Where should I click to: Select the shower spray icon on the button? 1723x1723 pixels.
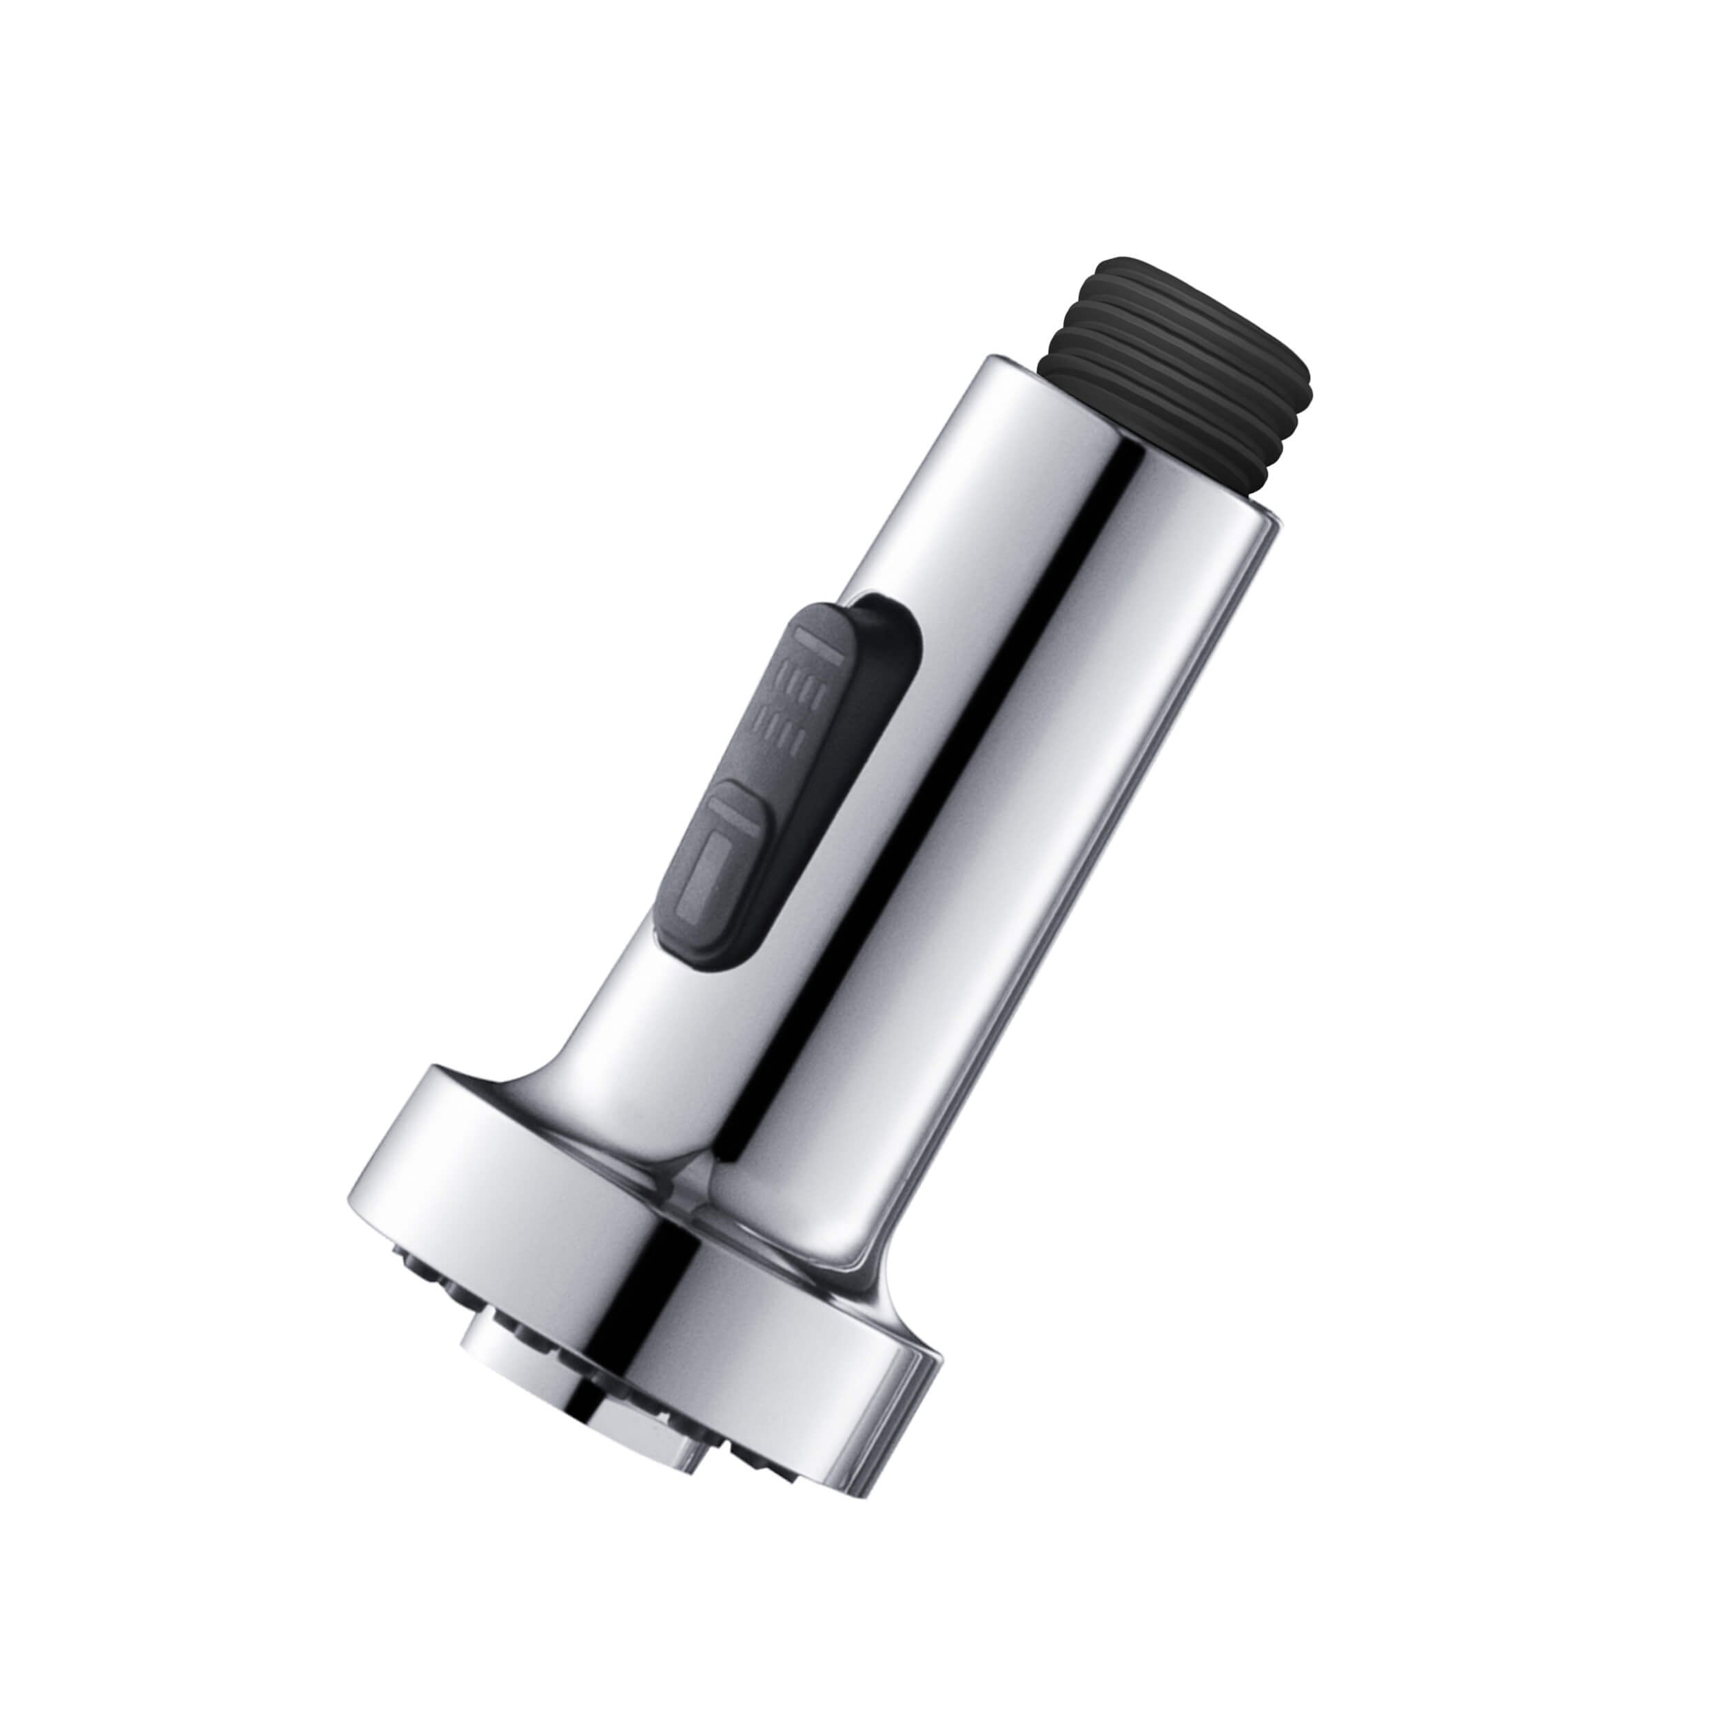tap(794, 704)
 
